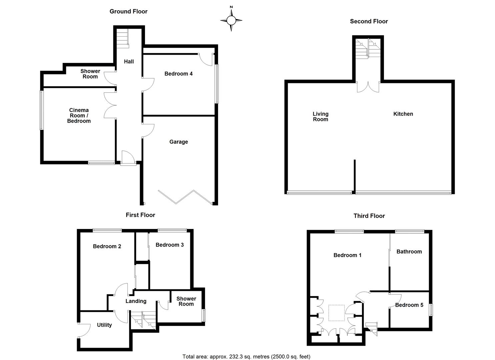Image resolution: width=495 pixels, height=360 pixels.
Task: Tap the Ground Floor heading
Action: (x=128, y=11)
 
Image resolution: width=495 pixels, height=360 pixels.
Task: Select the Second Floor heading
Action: (x=369, y=21)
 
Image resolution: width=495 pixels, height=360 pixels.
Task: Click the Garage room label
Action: (x=179, y=142)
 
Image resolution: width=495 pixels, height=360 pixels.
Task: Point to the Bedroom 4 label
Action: (x=178, y=74)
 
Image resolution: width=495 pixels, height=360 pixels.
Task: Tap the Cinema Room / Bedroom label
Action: (x=79, y=115)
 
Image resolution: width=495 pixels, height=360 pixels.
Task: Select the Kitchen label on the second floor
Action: (x=403, y=114)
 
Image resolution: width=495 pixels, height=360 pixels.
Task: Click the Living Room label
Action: (x=320, y=117)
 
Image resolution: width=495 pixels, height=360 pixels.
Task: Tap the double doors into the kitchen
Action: (x=368, y=86)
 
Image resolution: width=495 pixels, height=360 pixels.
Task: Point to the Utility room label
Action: (x=104, y=325)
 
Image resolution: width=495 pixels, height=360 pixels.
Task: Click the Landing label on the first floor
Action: (x=136, y=301)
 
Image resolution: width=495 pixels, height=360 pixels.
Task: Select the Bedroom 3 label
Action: (x=170, y=245)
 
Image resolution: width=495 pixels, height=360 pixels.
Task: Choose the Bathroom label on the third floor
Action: (x=409, y=252)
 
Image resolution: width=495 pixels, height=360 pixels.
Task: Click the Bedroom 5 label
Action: (x=409, y=305)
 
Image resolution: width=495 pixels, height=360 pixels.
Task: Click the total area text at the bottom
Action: (x=246, y=357)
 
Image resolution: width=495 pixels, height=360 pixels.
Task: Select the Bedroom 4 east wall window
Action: (x=217, y=84)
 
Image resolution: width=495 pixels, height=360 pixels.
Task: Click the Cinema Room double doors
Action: (x=110, y=105)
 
